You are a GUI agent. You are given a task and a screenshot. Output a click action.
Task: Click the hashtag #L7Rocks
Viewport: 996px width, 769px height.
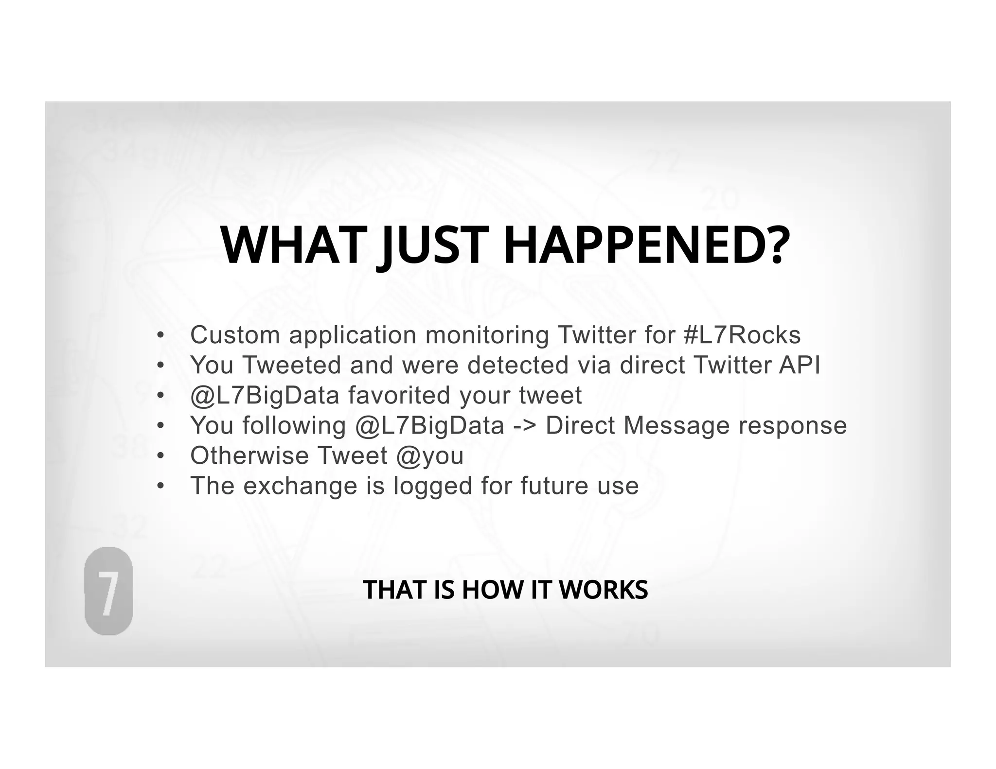[742, 335]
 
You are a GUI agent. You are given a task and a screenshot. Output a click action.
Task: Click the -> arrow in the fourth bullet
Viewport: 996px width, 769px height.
[525, 425]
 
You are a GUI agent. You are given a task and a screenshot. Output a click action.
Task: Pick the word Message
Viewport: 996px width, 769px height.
[676, 425]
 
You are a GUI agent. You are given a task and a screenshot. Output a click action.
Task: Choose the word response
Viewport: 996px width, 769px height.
[792, 426]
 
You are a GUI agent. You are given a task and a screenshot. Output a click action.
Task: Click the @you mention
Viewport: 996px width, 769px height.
[430, 456]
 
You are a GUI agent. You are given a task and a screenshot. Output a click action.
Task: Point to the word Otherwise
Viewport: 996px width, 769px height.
[249, 455]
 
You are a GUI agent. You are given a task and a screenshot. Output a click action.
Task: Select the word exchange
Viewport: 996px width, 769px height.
[300, 486]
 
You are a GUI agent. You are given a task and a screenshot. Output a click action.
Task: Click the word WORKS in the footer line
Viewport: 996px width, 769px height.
[603, 590]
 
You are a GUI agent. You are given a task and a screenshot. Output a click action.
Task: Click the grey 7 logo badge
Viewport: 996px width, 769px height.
[108, 591]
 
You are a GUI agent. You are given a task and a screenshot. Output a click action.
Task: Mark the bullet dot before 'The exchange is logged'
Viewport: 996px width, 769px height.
[161, 486]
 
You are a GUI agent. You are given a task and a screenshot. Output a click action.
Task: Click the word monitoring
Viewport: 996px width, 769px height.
[487, 335]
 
